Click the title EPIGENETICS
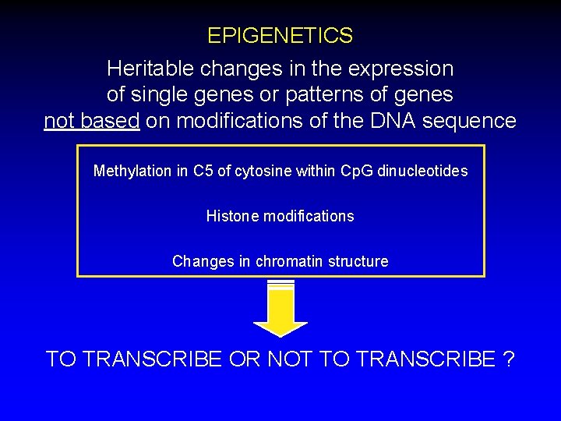click(280, 36)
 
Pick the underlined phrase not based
click(91, 121)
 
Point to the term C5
click(203, 171)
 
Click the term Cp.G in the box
click(358, 171)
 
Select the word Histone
click(232, 216)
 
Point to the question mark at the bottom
click(508, 359)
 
